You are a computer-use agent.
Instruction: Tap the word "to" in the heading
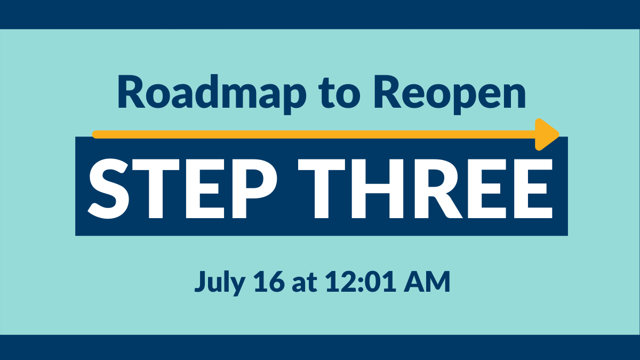340,92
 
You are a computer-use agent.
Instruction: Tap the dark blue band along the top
320,14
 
